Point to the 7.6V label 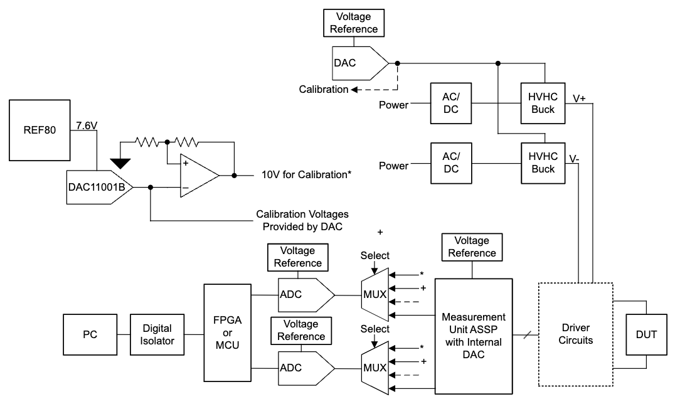tap(87, 126)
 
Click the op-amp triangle tap(198, 176)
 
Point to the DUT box tap(646, 334)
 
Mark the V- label tap(575, 159)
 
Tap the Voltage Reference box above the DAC tap(356, 22)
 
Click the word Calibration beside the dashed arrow tap(323, 89)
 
